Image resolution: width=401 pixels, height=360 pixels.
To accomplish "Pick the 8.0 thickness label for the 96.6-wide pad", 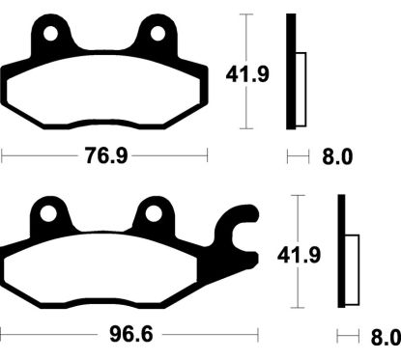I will (x=384, y=337).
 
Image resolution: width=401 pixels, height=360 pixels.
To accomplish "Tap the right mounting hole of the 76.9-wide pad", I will (x=156, y=35).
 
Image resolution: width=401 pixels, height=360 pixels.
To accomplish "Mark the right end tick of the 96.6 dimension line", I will (x=257, y=336).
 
